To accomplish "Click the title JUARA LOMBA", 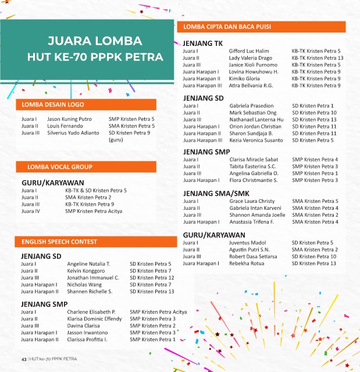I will pyautogui.click(x=95, y=41).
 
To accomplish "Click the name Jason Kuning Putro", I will pyautogui.click(x=69, y=119).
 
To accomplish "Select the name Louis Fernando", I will pyautogui.click(x=65, y=126).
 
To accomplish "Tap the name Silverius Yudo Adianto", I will pyautogui.click(x=73, y=133).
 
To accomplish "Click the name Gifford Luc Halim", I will pyautogui.click(x=249, y=51).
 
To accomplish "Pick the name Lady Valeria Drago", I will pyautogui.click(x=251, y=58).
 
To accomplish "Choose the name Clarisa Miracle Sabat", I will pyautogui.click(x=254, y=159).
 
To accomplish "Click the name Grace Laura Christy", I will pyautogui.click(x=252, y=201).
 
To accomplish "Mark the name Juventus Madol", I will pyautogui.click(x=247, y=242).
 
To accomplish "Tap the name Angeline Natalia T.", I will pyautogui.click(x=88, y=264).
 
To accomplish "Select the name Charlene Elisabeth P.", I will pyautogui.click(x=91, y=312).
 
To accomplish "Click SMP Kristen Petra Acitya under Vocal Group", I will pyautogui.click(x=94, y=211).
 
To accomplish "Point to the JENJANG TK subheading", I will pyautogui.click(x=202, y=44).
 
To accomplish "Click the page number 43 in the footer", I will pyautogui.click(x=24, y=358).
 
